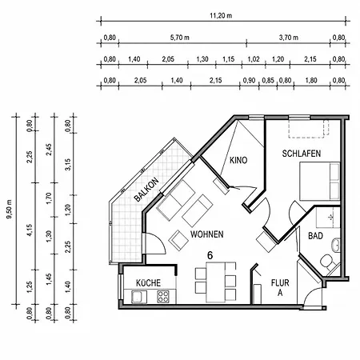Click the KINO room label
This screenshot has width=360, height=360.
click(x=238, y=160)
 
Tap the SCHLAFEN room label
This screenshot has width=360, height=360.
click(x=302, y=154)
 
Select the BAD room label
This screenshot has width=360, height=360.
click(x=315, y=236)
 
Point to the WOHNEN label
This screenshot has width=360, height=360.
click(x=207, y=234)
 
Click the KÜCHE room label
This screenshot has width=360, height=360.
click(x=148, y=282)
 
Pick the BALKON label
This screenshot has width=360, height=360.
click(x=146, y=190)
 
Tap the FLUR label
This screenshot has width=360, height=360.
click(x=280, y=282)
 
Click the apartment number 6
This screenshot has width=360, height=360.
click(x=210, y=255)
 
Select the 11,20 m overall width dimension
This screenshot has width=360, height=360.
click(x=221, y=16)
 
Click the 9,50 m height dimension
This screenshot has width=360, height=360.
click(x=10, y=209)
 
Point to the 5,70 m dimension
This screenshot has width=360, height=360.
click(x=180, y=38)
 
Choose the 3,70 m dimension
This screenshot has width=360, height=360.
click(x=289, y=38)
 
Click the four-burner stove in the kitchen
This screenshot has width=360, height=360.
click(x=163, y=296)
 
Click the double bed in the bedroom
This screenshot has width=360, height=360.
click(x=319, y=181)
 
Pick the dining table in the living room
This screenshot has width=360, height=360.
click(x=215, y=282)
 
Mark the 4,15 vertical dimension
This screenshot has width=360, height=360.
click(x=30, y=230)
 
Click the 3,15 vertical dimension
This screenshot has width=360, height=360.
click(x=68, y=165)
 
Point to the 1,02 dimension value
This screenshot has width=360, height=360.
click(x=254, y=59)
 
